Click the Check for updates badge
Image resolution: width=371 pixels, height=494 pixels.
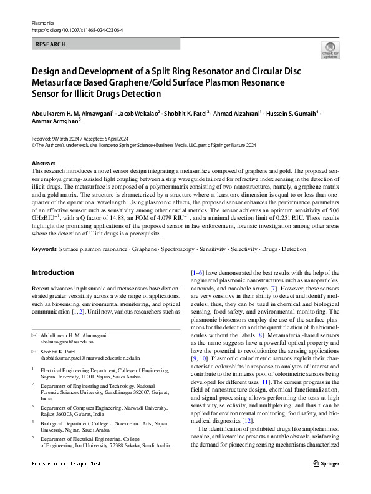(x=330, y=49)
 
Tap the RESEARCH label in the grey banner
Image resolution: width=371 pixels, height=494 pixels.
(x=51, y=44)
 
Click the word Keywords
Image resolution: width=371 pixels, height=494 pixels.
(x=44, y=249)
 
